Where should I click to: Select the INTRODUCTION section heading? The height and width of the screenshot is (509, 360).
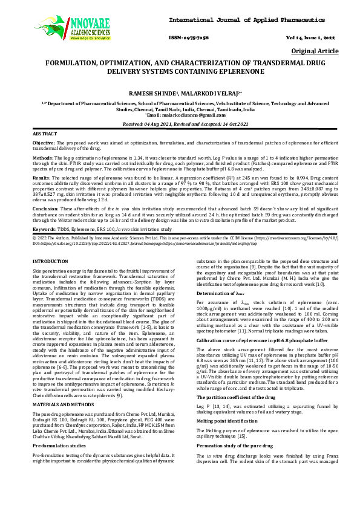pos(50,260)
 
